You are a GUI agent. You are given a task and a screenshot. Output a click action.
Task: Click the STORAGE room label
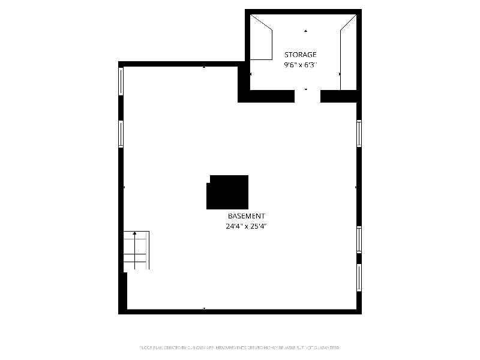[x=300, y=55]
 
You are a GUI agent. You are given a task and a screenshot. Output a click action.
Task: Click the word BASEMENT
[x=246, y=216]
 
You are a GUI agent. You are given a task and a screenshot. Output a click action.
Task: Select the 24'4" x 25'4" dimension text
[x=246, y=226]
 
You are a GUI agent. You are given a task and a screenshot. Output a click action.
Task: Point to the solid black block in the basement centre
[x=227, y=192]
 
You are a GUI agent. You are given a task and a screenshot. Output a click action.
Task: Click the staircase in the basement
[x=136, y=250]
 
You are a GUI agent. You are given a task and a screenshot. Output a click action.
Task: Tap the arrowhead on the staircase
[x=135, y=233]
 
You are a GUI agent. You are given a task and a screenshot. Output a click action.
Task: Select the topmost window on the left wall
[x=121, y=81]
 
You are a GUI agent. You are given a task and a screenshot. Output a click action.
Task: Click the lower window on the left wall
[x=121, y=134]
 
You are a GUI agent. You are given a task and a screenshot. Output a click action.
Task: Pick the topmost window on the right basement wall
[x=359, y=133]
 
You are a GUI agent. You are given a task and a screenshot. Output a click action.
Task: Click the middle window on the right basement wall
[x=359, y=239]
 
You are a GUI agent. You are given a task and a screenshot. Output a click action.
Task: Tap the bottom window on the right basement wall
[x=359, y=277]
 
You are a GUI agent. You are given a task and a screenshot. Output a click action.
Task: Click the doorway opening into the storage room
[x=307, y=96]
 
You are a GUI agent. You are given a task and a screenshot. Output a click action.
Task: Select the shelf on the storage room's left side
[x=261, y=40]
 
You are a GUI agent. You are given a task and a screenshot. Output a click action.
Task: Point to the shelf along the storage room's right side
[x=348, y=54]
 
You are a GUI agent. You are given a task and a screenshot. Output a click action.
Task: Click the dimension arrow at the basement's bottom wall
[x=204, y=308]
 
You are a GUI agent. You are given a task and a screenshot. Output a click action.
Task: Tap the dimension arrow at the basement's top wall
[x=204, y=67]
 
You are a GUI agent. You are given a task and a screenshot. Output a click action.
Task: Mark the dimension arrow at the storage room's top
[x=305, y=31]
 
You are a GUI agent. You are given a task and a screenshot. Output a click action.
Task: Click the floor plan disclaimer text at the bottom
[x=239, y=347]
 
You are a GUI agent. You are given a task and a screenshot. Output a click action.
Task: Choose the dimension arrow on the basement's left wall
[x=124, y=188]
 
